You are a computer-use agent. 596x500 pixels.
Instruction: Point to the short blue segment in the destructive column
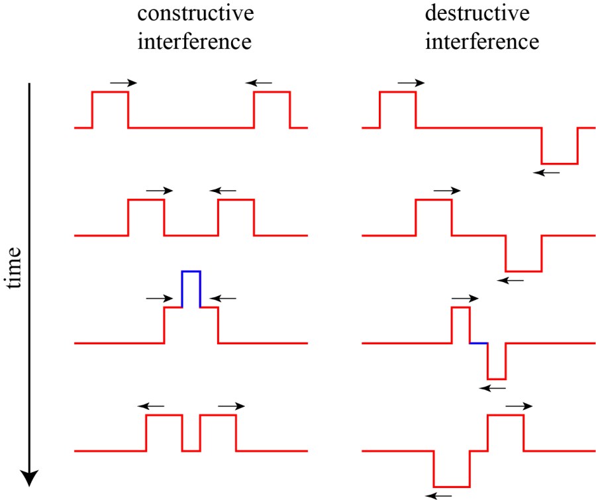[x=479, y=343]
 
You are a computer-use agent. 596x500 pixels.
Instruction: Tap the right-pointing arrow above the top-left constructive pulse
[x=123, y=82]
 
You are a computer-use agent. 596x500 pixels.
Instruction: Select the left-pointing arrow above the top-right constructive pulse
[x=258, y=82]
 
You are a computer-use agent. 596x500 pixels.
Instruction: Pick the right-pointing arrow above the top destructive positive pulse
[x=411, y=82]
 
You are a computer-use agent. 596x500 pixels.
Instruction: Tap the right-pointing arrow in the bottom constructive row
[x=231, y=405]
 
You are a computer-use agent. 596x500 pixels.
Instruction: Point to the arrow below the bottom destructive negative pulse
[x=439, y=494]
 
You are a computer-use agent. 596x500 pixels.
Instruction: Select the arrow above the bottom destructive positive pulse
[x=519, y=405]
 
